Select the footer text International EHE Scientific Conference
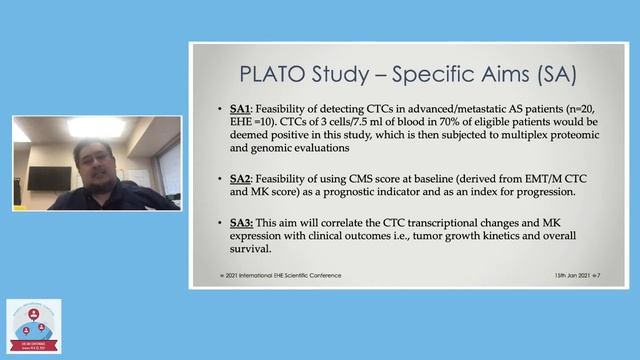[290, 275]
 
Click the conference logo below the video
[34, 326]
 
